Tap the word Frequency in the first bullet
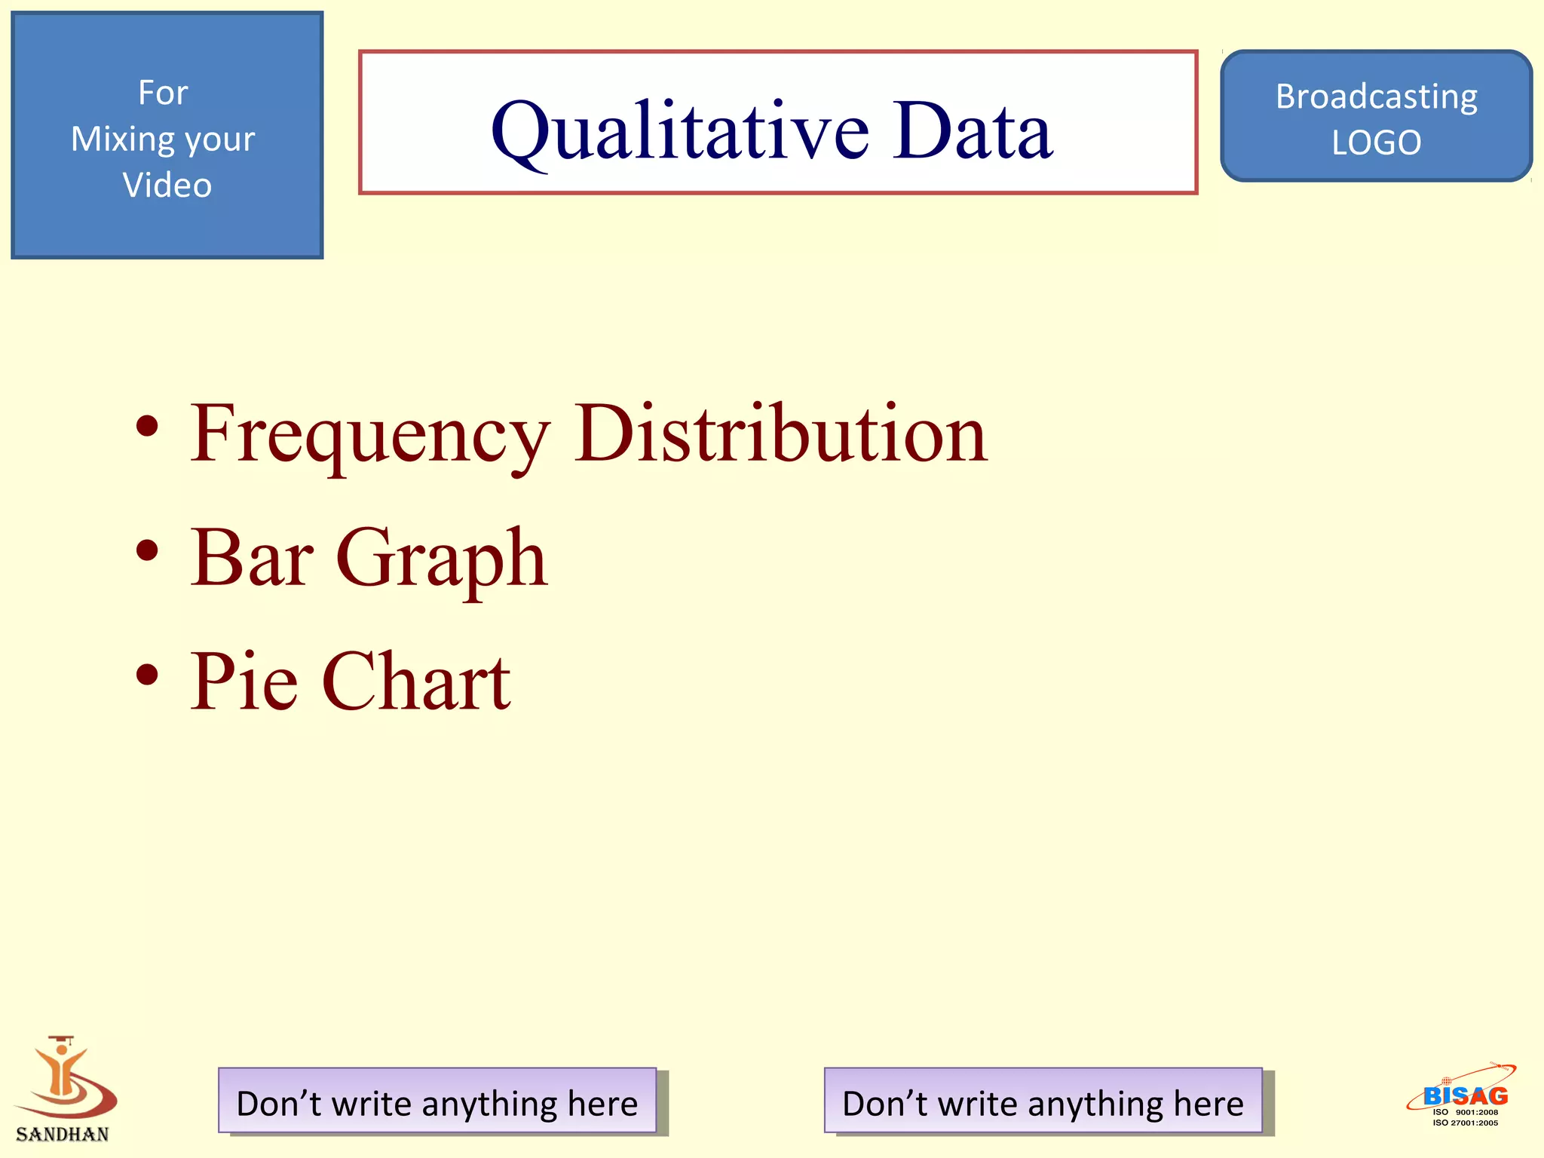[x=369, y=436]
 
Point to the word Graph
[x=442, y=559]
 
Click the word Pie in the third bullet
[x=244, y=682]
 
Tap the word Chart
[x=417, y=682]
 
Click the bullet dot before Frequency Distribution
[x=148, y=427]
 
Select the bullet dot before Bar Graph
[x=148, y=551]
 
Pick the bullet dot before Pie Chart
[x=148, y=675]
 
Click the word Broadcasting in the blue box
[x=1376, y=96]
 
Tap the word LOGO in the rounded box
[x=1376, y=142]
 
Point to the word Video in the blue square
[x=167, y=185]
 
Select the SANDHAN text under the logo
[x=63, y=1134]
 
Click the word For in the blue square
[x=163, y=93]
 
